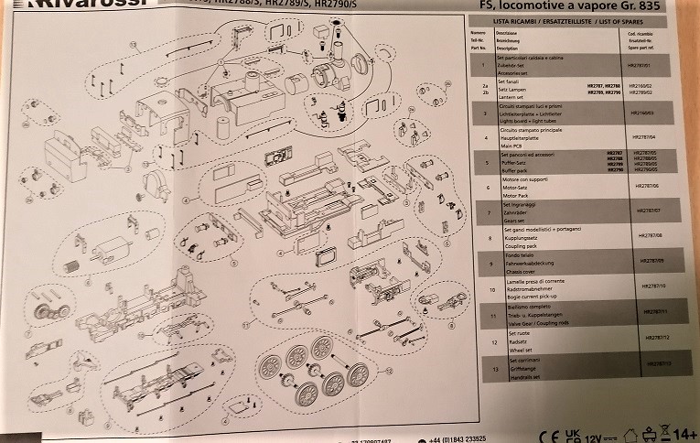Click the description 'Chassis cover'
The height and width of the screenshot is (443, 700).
pyautogui.click(x=519, y=271)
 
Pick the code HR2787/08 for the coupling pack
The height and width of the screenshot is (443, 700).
pyautogui.click(x=644, y=236)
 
